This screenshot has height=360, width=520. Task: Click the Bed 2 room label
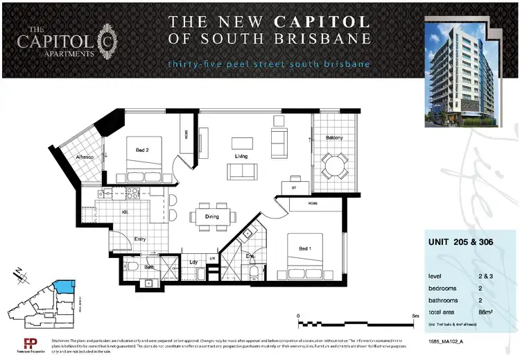pos(142,148)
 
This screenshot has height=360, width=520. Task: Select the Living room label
pos(241,156)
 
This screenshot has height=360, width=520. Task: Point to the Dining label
pos(211,217)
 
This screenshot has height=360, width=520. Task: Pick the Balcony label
pos(334,138)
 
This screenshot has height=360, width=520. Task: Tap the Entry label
pos(140,239)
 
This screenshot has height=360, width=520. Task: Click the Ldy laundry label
pos(194,262)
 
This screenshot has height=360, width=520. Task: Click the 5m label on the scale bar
pos(415,316)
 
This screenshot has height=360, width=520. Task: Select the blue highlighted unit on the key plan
pos(64,285)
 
